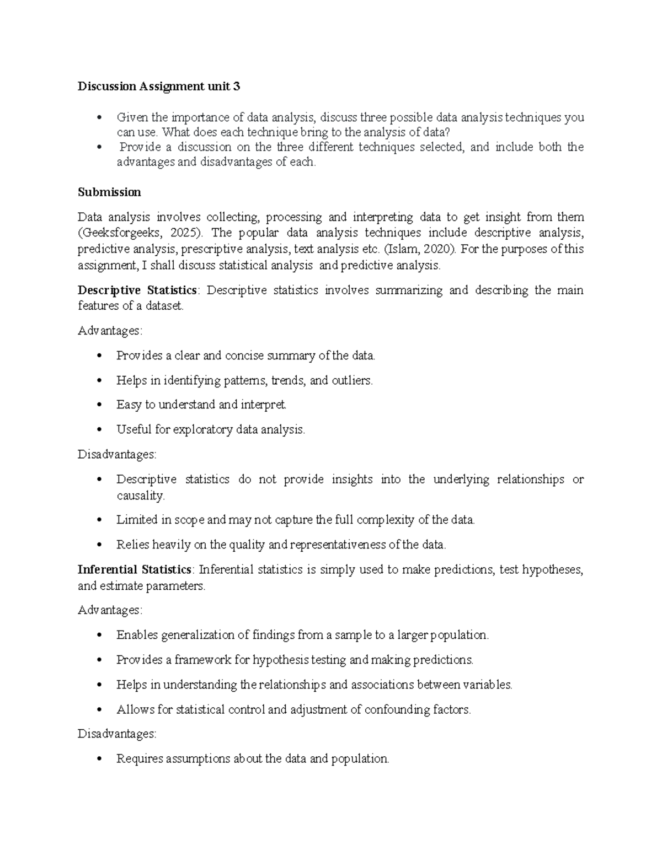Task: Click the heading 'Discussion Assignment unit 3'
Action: pos(159,87)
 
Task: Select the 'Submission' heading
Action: pos(109,192)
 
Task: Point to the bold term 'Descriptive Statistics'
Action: pos(137,290)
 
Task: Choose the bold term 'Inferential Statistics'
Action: pos(135,569)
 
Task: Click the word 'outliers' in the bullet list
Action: pos(351,380)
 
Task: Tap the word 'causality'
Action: pos(140,496)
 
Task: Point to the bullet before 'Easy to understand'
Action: pos(99,405)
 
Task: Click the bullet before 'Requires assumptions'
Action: pos(99,759)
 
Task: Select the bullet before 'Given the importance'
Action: pos(99,117)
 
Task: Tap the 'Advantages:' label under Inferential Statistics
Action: pos(110,610)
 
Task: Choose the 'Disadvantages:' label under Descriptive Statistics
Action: pos(117,455)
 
